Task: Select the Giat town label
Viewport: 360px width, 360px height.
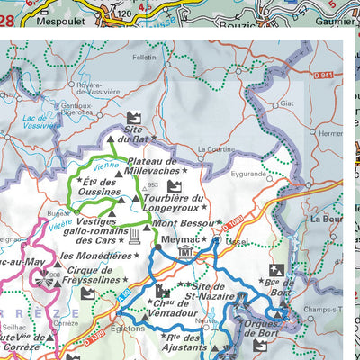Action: click(x=287, y=103)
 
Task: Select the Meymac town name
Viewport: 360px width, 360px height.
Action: click(x=180, y=240)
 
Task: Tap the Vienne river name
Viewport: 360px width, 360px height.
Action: click(x=105, y=166)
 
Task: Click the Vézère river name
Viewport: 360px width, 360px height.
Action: click(x=60, y=228)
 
